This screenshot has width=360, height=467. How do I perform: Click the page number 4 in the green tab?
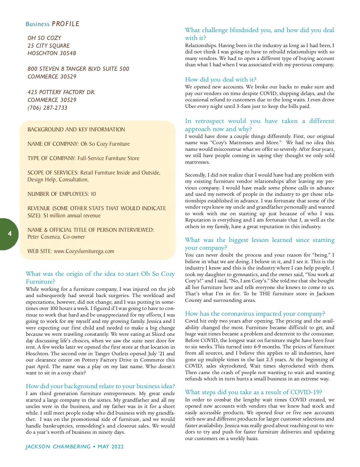click(x=10, y=234)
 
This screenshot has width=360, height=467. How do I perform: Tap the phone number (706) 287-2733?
click(x=47, y=108)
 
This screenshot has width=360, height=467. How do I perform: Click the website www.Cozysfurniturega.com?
click(x=84, y=251)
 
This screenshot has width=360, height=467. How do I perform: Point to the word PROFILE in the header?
click(x=65, y=24)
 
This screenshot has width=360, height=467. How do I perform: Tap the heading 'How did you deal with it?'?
click(x=220, y=79)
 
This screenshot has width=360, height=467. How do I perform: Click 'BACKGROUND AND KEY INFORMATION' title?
click(x=76, y=129)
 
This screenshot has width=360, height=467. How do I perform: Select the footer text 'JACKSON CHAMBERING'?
click(x=58, y=447)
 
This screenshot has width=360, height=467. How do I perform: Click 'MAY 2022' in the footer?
click(x=111, y=447)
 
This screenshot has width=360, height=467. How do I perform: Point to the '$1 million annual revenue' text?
click(x=72, y=216)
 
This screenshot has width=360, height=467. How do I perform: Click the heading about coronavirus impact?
click(x=255, y=314)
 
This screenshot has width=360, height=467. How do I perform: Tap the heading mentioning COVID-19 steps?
click(x=253, y=392)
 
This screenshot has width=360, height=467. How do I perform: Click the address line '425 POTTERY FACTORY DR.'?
click(x=61, y=92)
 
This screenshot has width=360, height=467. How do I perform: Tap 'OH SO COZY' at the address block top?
click(x=44, y=38)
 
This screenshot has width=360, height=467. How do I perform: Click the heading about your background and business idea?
click(x=100, y=386)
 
